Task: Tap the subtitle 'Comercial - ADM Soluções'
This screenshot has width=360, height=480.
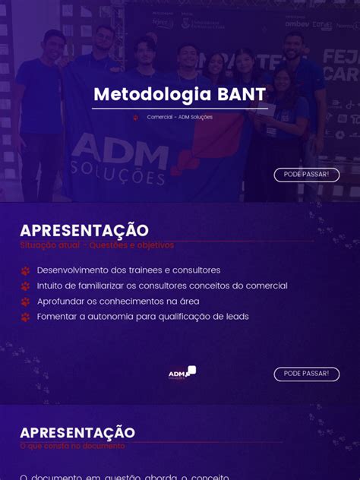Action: coord(180,117)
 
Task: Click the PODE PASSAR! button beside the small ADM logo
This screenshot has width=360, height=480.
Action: coord(306,374)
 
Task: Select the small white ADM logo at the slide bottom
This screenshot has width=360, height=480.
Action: coord(182,372)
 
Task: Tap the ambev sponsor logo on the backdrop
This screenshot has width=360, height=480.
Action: coord(297,24)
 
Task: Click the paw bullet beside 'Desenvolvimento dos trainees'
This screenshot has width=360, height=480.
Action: coord(25,270)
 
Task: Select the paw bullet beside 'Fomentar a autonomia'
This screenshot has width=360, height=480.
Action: coord(25,317)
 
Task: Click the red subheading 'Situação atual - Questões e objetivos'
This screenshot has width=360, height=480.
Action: coord(96,245)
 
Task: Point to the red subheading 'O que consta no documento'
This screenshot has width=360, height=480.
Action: coord(72,446)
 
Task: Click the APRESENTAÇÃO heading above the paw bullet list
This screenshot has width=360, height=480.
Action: coord(84,230)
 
